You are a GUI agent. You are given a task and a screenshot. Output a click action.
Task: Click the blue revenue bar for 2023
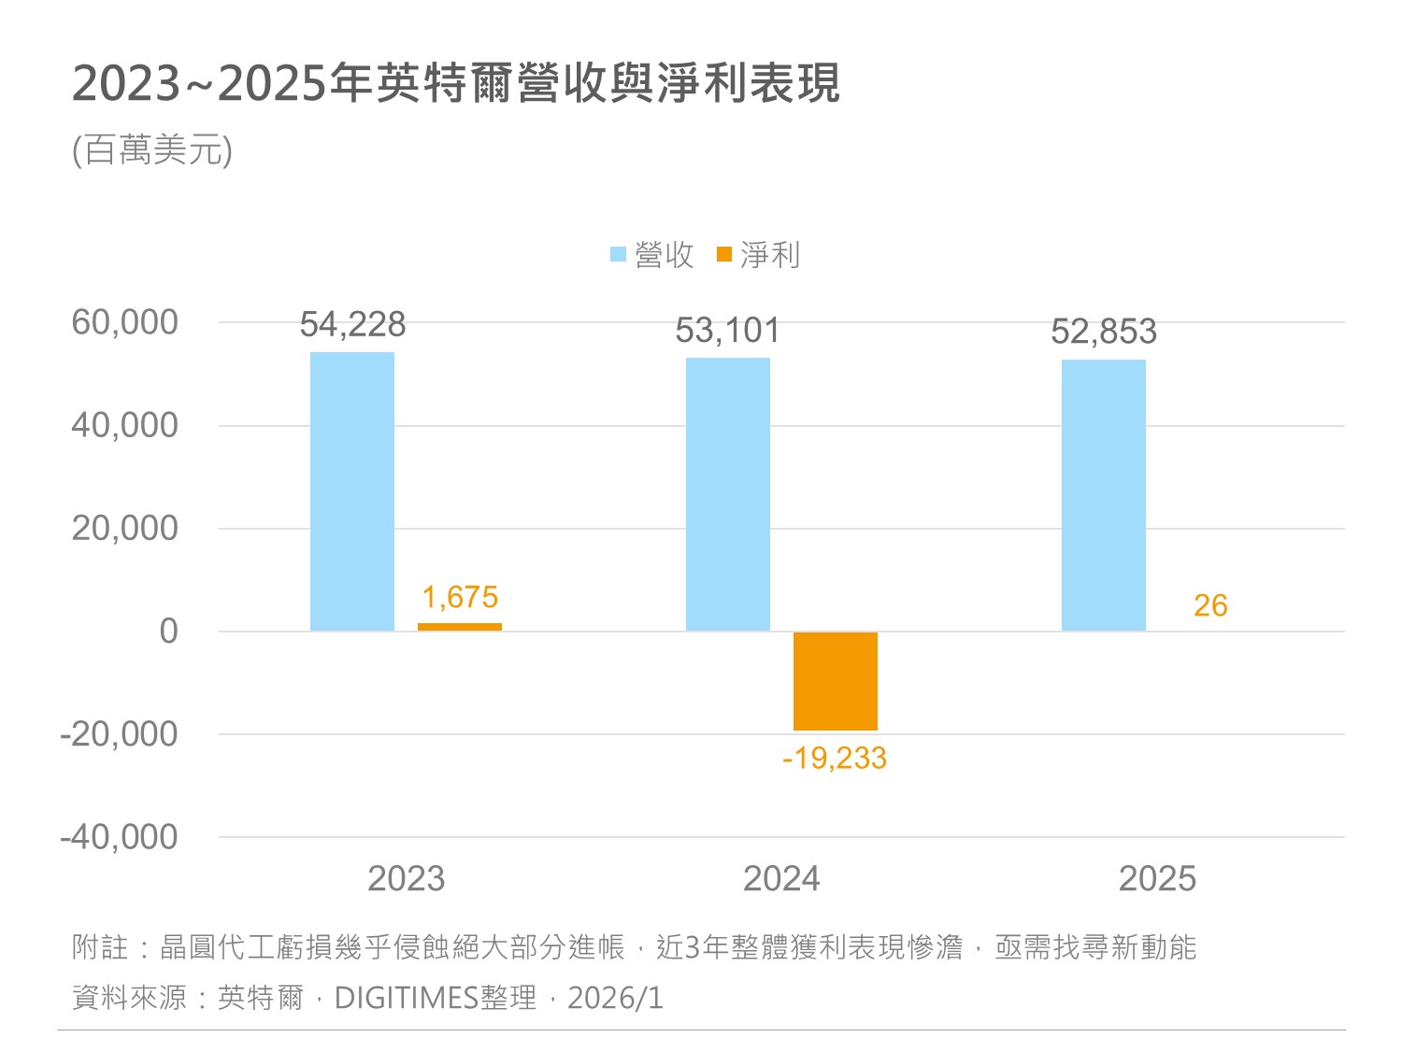[x=352, y=491]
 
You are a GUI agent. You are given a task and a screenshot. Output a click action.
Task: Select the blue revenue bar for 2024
[x=728, y=494]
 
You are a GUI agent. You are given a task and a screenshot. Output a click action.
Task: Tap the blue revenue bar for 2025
[x=1104, y=495]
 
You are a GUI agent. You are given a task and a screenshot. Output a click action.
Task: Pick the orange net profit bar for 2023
[x=460, y=627]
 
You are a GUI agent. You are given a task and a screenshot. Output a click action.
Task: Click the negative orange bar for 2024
[x=836, y=681]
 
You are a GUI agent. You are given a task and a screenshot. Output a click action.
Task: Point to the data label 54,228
[x=352, y=325]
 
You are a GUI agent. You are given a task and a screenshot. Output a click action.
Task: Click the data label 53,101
[x=727, y=331]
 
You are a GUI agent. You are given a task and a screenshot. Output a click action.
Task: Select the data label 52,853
[x=1104, y=332]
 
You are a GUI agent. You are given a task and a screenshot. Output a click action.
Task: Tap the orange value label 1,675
[x=460, y=597]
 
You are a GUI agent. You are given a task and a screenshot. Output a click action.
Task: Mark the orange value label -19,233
[x=835, y=758]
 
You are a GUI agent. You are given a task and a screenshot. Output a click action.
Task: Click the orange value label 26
[x=1210, y=605]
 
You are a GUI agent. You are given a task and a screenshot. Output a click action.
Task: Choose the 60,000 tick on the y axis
[x=124, y=322]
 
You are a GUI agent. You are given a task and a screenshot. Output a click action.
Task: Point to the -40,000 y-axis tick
[x=119, y=837]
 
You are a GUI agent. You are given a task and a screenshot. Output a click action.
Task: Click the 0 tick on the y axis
[x=168, y=632]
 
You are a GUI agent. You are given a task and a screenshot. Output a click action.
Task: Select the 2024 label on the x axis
[x=781, y=878]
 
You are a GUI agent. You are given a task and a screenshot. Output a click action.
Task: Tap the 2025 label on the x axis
[x=1157, y=878]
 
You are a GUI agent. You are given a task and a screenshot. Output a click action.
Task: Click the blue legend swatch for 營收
[x=618, y=254]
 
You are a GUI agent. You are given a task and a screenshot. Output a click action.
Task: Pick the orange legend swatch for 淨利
[x=724, y=254]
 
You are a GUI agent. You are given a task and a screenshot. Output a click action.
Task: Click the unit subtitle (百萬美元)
[x=152, y=149]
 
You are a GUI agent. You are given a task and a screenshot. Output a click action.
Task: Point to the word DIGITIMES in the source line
[x=407, y=998]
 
